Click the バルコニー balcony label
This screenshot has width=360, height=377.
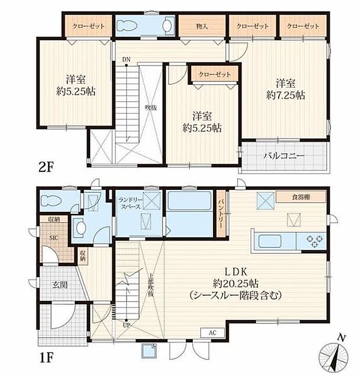[285, 156]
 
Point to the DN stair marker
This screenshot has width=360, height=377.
[126, 59]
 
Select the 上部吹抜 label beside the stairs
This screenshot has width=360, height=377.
[151, 286]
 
